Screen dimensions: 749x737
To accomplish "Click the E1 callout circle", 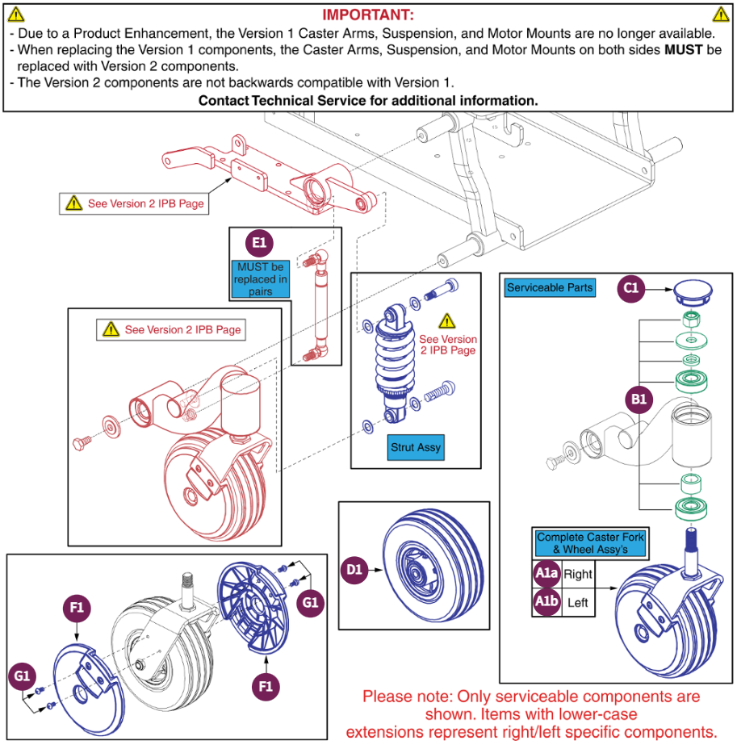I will [x=259, y=242].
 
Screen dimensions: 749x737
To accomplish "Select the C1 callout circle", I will [x=632, y=287].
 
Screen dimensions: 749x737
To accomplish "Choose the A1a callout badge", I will [x=546, y=574].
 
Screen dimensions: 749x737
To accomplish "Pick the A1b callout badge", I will [x=546, y=602].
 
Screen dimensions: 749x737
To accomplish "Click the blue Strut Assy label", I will [x=416, y=446].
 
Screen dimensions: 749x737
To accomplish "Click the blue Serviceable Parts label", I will [x=550, y=287].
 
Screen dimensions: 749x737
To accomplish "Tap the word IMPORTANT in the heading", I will [x=368, y=15].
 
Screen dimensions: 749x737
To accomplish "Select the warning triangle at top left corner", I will [x=15, y=14].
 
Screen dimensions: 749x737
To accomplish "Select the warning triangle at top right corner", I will [x=720, y=14].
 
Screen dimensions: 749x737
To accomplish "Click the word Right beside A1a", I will [x=577, y=574].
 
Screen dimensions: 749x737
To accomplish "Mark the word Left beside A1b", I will [x=577, y=602].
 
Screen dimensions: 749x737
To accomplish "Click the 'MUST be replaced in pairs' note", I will [x=261, y=279].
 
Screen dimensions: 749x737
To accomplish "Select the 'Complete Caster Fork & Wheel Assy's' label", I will [x=591, y=543].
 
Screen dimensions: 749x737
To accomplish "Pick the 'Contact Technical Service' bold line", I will [x=368, y=101].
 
